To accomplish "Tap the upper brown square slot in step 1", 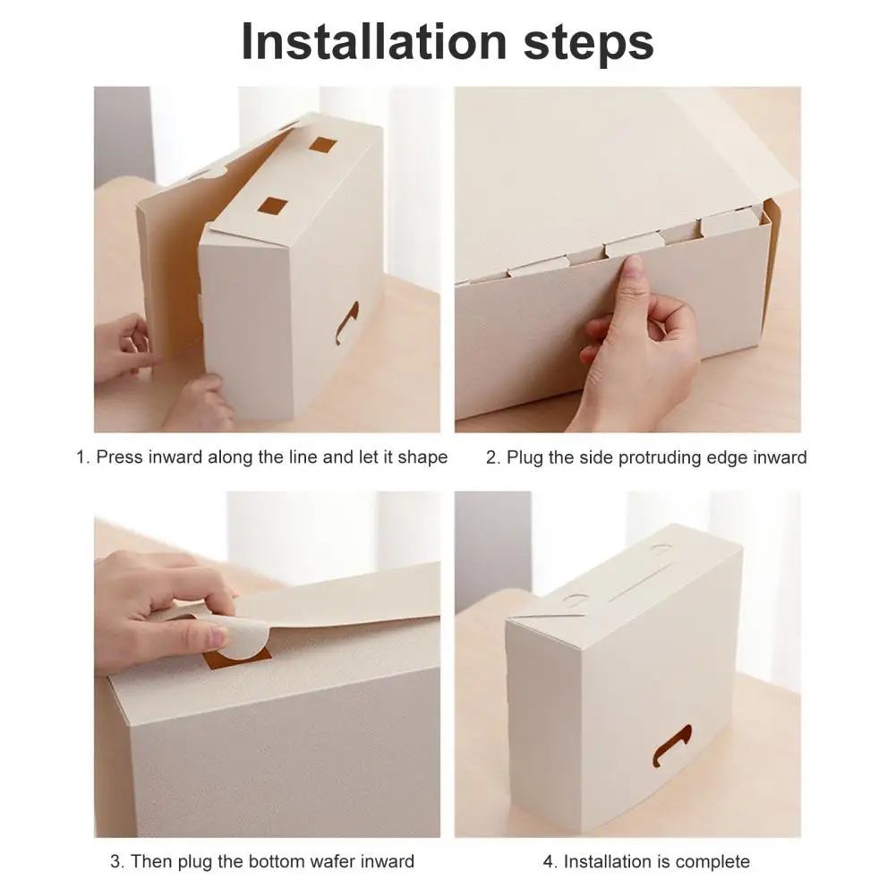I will click(321, 145).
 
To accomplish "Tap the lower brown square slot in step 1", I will click(273, 205).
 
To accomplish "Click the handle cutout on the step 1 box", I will click(346, 323).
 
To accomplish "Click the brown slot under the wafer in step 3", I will click(237, 660).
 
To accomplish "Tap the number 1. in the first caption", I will click(83, 457).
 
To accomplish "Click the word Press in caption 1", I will click(119, 457).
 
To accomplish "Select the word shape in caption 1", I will click(422, 457).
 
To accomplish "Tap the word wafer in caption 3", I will click(331, 862).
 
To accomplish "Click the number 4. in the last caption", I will click(550, 862).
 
